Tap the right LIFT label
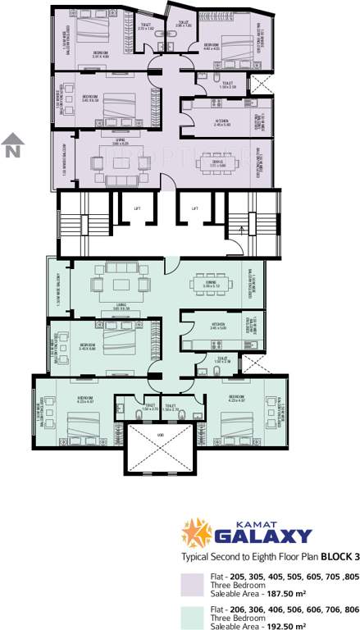(x=195, y=208)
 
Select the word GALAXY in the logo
(x=262, y=537)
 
